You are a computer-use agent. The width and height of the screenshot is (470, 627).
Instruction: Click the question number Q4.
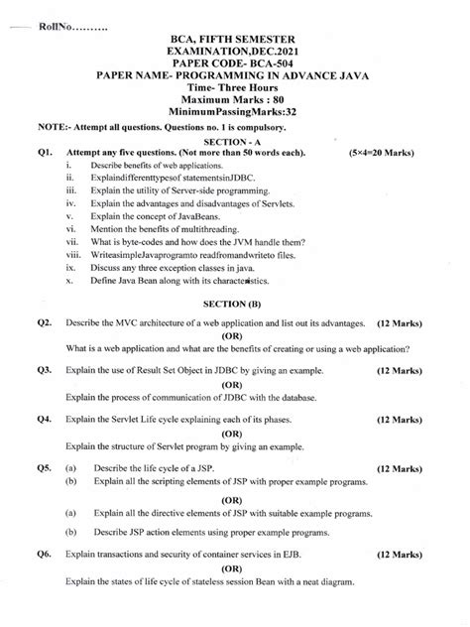tap(43, 419)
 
